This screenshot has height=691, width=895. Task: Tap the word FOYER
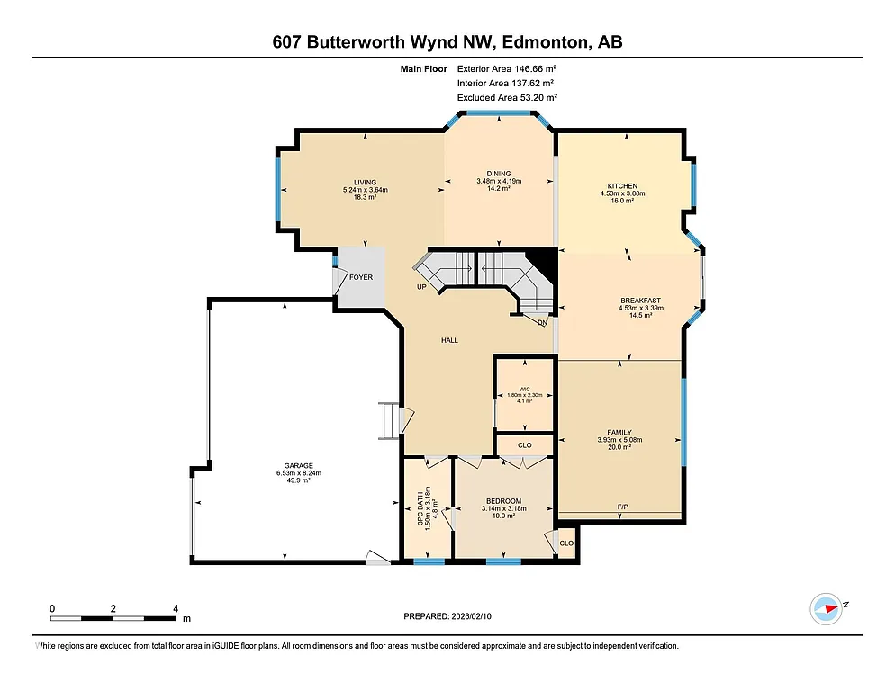point(361,277)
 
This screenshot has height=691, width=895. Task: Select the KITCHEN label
point(622,186)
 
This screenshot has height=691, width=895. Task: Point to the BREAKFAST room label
point(640,301)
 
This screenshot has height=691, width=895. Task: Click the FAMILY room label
point(619,432)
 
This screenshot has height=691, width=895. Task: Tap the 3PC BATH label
point(419,513)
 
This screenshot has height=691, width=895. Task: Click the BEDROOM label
point(503,501)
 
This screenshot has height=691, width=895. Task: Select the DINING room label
point(499,174)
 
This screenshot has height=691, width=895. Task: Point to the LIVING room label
point(365,183)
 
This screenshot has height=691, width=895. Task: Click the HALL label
point(449,340)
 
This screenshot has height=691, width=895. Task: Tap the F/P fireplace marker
point(622,507)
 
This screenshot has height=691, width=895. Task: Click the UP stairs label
point(420,288)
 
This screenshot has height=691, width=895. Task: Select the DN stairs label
point(542,322)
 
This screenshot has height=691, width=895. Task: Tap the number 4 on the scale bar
point(176,608)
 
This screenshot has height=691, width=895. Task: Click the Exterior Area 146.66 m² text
point(507,68)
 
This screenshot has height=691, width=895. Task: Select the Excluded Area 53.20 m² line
point(507,97)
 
